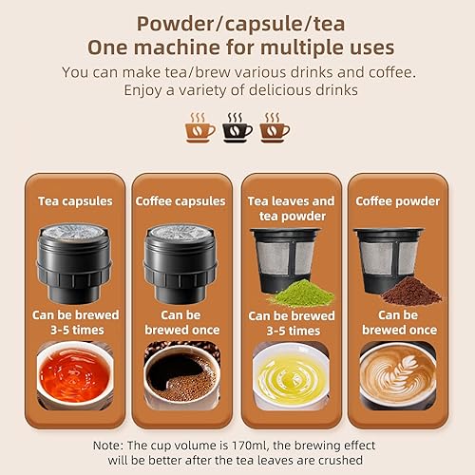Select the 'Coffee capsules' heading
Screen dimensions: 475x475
coord(180,200)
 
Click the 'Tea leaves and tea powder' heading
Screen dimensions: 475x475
coord(291,207)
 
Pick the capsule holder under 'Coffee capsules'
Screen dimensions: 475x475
coord(180,261)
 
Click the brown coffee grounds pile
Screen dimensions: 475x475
coord(410,291)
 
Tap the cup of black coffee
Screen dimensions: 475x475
coord(180,373)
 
